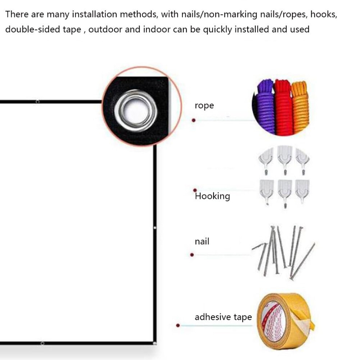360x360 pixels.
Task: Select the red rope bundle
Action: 283,108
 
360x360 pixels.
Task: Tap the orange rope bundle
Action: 300,107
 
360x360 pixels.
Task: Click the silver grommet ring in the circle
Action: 136,111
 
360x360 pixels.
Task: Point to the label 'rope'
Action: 204,105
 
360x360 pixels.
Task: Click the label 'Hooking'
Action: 212,196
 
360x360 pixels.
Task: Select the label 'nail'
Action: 202,241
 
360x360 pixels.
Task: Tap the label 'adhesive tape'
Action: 223,317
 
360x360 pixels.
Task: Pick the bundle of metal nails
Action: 284,253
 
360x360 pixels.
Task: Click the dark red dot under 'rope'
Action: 193,120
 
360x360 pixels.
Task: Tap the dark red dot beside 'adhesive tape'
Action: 178,325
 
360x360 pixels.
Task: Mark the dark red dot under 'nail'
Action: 192,255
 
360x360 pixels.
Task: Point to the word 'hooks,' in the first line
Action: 324,15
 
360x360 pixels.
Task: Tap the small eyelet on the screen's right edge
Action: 155,228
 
